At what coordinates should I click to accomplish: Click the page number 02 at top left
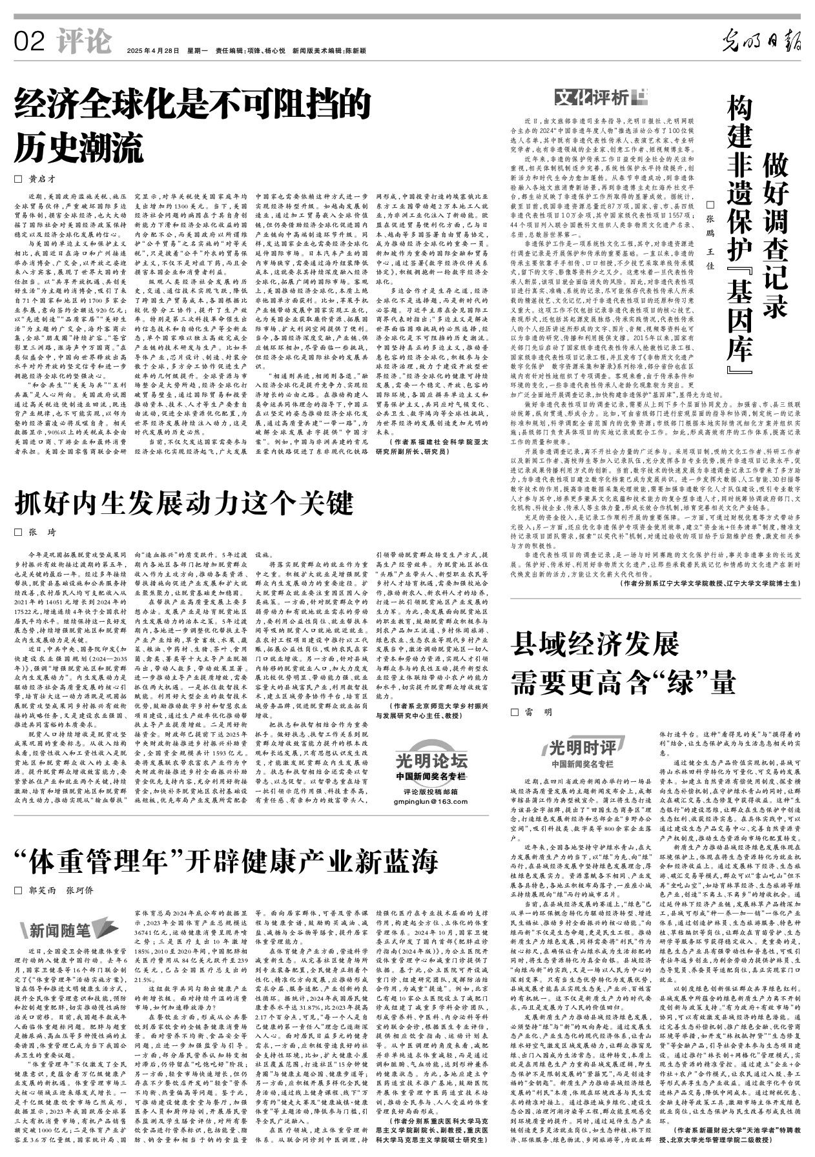28,42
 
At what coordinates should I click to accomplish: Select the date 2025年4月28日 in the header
152,50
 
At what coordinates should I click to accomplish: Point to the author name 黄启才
48,179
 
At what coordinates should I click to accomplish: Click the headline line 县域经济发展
594,646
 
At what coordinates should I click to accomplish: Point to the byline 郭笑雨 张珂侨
61,890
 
